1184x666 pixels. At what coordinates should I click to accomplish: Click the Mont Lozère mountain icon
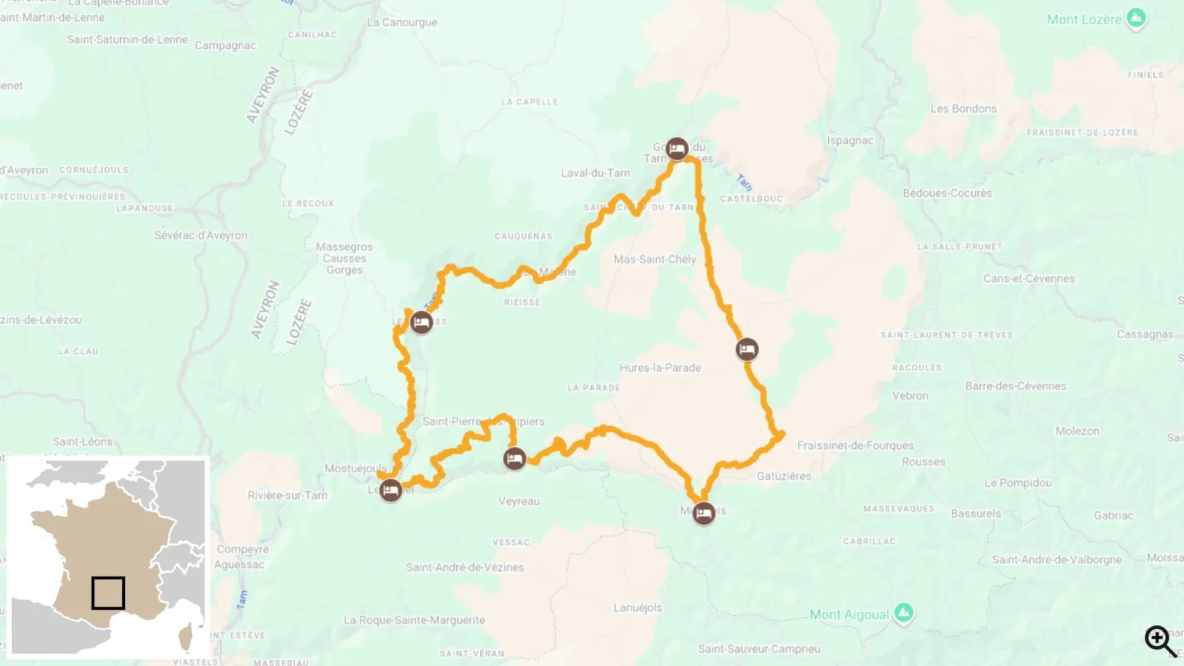[1136, 18]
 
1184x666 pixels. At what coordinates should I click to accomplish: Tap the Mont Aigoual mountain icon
[903, 613]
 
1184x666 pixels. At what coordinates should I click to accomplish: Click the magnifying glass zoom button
[1161, 641]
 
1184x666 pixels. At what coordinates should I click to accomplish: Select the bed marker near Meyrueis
[704, 513]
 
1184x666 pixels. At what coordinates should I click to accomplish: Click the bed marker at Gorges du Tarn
[677, 149]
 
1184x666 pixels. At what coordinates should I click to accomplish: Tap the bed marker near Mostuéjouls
[390, 491]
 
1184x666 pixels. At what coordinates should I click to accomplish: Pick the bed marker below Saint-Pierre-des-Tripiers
[514, 459]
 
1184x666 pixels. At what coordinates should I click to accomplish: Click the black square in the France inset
[108, 593]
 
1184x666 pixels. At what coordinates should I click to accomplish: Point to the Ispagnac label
[850, 141]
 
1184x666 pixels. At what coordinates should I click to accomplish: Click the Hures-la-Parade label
[660, 368]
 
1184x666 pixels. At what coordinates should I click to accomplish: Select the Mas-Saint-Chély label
[654, 260]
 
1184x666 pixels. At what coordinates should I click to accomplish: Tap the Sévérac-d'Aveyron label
[200, 235]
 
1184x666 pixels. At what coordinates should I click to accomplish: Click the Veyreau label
[519, 501]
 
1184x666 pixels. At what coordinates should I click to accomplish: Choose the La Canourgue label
[401, 22]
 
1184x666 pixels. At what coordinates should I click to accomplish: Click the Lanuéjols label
[638, 607]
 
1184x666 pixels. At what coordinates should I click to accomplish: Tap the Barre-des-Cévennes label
[1015, 386]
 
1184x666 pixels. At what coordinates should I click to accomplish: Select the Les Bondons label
[963, 109]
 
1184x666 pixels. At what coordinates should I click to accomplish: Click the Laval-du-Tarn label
[595, 173]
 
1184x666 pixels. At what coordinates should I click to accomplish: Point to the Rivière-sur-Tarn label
[287, 495]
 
